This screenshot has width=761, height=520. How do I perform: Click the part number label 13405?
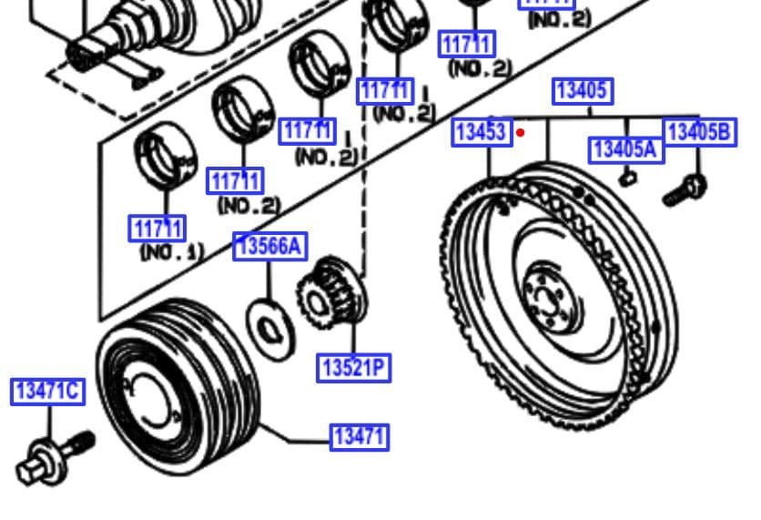pyautogui.click(x=582, y=91)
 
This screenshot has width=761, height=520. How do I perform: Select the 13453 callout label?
pyautogui.click(x=480, y=132)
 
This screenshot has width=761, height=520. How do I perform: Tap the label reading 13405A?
pyautogui.click(x=625, y=148)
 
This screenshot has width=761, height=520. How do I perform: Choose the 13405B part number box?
pyautogui.click(x=698, y=132)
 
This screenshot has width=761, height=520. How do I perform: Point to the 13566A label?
pyautogui.click(x=269, y=246)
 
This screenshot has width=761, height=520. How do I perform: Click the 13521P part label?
pyautogui.click(x=353, y=368)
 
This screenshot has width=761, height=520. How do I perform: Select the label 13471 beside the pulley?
pyautogui.click(x=359, y=437)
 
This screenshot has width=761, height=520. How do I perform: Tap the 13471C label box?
pyautogui.click(x=47, y=392)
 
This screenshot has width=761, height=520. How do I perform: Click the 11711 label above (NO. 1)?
pyautogui.click(x=157, y=228)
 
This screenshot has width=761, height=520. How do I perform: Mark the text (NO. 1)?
pyautogui.click(x=171, y=251)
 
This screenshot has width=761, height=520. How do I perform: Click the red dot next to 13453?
pyautogui.click(x=521, y=132)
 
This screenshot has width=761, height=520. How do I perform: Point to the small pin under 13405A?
pyautogui.click(x=626, y=178)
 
